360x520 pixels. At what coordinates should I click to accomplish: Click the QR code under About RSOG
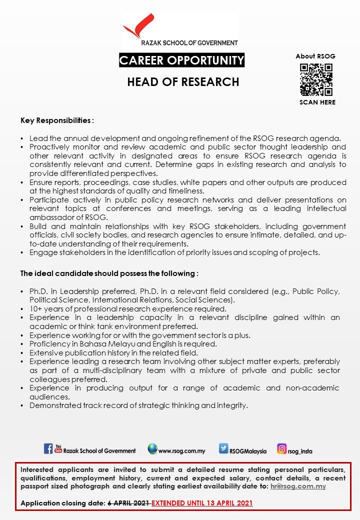click(x=316, y=79)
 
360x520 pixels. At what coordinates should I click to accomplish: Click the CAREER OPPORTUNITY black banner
click(x=182, y=60)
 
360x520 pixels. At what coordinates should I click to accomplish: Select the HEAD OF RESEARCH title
click(x=183, y=81)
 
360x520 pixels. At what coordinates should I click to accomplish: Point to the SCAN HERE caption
click(x=317, y=102)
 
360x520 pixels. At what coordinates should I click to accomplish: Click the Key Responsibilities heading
click(x=57, y=120)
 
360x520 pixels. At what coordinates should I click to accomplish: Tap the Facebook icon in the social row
click(x=48, y=448)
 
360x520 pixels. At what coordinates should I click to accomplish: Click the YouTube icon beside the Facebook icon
click(x=58, y=448)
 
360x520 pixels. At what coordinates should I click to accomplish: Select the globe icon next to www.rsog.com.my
click(x=152, y=449)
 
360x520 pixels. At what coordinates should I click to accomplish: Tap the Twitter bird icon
click(x=223, y=449)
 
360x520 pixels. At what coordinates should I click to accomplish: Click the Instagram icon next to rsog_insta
click(x=282, y=449)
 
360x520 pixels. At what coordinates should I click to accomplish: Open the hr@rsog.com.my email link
click(x=298, y=486)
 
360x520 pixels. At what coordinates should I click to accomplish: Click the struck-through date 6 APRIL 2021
click(x=128, y=502)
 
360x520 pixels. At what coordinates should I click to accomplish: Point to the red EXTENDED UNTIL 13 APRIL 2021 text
click(x=202, y=502)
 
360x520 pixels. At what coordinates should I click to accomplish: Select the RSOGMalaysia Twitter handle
click(x=248, y=451)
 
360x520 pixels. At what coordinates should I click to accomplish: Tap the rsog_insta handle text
click(x=300, y=451)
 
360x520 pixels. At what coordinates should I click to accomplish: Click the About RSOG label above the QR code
click(x=315, y=56)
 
